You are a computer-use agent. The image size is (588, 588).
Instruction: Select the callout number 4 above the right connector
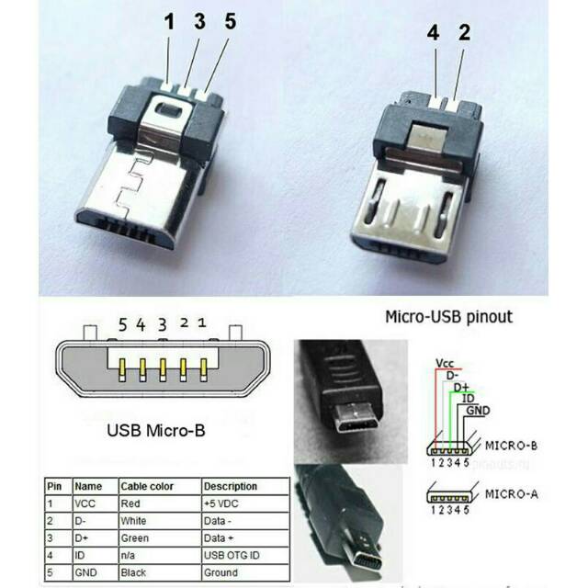coord(433,33)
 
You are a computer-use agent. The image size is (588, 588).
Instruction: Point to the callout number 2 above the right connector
coord(464,33)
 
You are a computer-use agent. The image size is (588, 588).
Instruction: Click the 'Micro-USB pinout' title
coord(447,318)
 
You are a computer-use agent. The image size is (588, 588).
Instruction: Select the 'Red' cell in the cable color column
coord(130,504)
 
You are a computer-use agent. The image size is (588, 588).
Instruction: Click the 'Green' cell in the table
coord(134,537)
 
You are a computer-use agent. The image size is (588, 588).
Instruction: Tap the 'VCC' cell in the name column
coord(87,504)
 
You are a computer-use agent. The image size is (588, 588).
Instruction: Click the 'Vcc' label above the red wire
coord(446,362)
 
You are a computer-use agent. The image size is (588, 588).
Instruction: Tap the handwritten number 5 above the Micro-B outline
coord(122,323)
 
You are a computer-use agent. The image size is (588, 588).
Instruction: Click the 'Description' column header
coord(231,486)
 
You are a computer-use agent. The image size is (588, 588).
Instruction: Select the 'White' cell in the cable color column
coord(133,521)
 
